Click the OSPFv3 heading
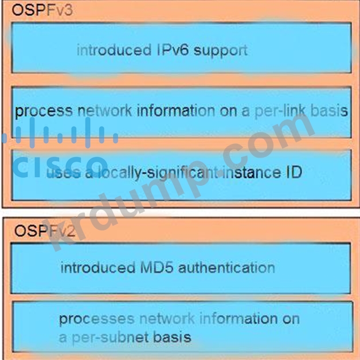(42, 11)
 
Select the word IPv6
(172, 50)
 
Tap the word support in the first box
(221, 50)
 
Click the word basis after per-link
(326, 111)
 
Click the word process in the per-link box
(44, 111)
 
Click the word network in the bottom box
(159, 319)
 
